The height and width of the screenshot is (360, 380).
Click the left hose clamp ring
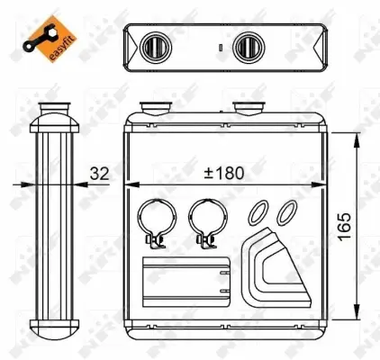tap(152, 218)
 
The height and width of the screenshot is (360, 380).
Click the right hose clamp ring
tap(206, 218)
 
